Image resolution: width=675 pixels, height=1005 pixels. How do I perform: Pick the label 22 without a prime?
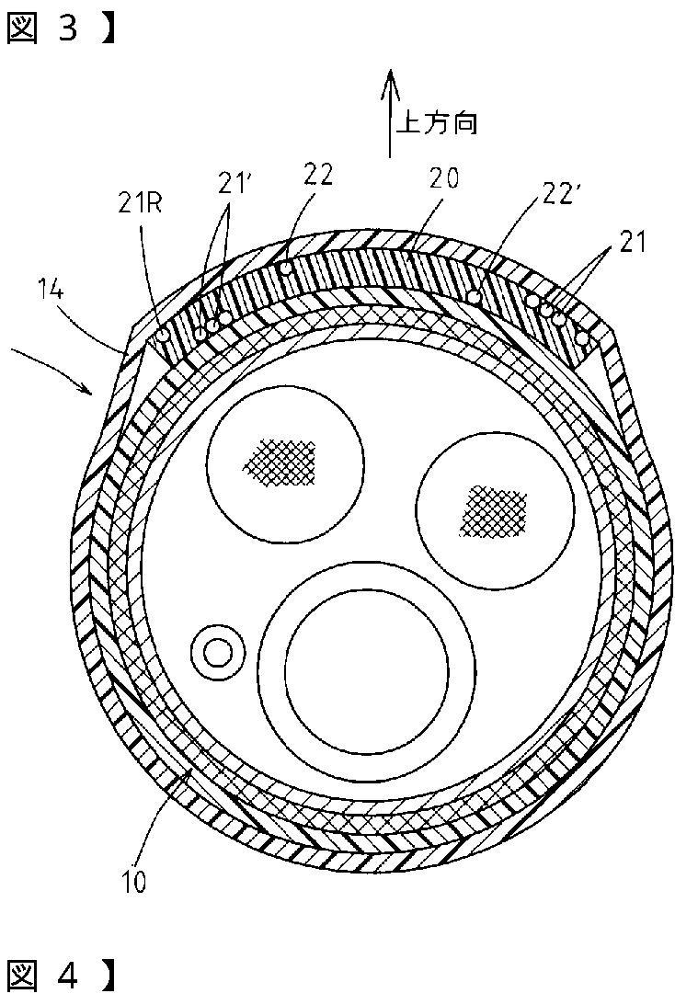(319, 173)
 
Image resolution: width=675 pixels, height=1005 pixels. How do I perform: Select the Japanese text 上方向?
(437, 123)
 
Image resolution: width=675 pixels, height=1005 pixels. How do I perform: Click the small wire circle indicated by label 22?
(288, 268)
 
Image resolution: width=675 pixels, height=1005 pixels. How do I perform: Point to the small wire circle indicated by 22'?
(475, 297)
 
